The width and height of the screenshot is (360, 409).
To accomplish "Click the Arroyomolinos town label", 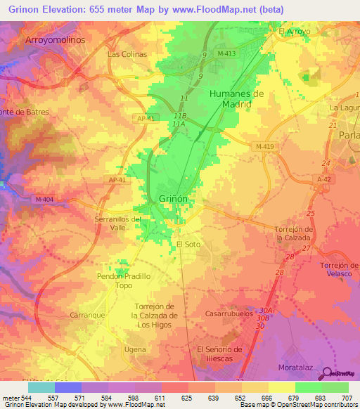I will (x=55, y=40).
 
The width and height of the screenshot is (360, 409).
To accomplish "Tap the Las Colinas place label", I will (x=127, y=54).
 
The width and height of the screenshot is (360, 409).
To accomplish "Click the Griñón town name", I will (x=173, y=199).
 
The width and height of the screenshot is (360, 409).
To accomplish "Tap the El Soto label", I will (x=188, y=244).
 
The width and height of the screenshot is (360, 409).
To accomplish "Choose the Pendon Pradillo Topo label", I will (x=124, y=281).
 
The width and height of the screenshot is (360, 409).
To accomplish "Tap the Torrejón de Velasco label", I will (x=339, y=269).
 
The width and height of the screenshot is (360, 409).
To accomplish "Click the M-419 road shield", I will (x=265, y=146).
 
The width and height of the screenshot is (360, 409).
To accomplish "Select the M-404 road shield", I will (x=44, y=200).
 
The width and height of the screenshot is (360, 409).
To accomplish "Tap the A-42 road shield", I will (x=323, y=180).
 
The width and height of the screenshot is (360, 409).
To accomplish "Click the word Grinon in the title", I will (x=25, y=8).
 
